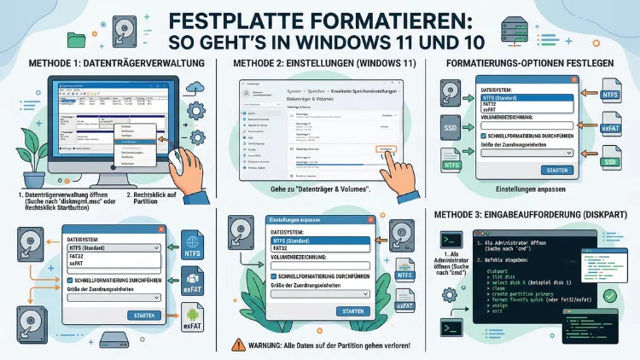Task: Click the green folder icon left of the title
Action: tap(76, 38)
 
